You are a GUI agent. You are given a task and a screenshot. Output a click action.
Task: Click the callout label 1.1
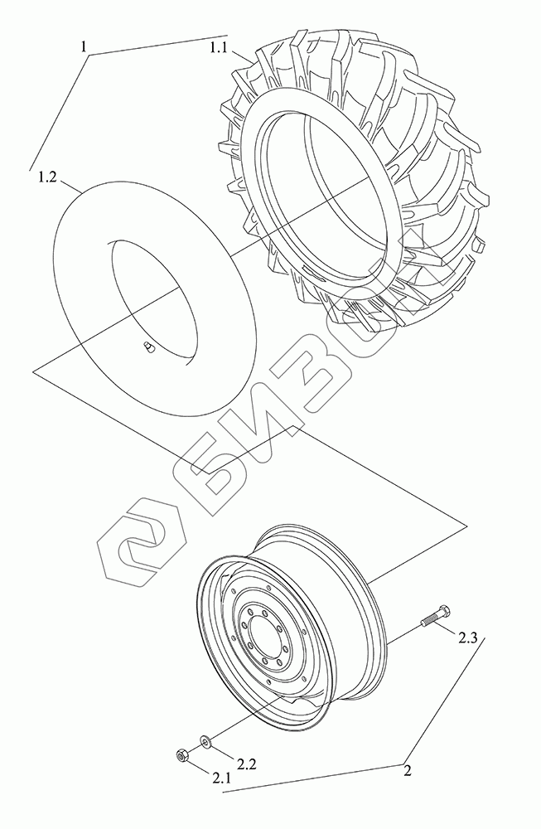pos(218,48)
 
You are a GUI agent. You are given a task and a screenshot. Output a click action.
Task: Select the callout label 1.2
pos(47,177)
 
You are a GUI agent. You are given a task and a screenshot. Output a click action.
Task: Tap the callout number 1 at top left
pos(83,46)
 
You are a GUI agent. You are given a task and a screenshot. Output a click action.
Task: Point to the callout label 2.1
pos(221,778)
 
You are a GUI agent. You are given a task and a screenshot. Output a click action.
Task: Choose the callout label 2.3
pos(467,638)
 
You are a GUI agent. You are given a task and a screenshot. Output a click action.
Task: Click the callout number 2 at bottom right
pos(407,771)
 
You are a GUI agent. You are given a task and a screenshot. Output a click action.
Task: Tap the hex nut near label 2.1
pos(181,756)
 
